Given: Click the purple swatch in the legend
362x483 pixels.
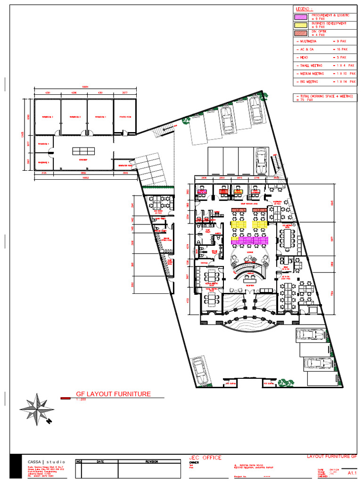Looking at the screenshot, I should click(x=301, y=17).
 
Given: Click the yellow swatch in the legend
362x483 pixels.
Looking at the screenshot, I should click(x=301, y=25).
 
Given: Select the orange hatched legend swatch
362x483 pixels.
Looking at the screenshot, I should click(x=301, y=33).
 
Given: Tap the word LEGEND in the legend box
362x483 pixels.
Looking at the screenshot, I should click(x=304, y=9).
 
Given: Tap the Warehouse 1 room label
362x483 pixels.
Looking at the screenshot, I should click(x=99, y=117).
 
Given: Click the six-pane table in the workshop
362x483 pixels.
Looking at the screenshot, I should click(x=83, y=151).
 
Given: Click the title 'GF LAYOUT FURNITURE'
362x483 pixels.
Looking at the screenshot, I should click(x=113, y=394).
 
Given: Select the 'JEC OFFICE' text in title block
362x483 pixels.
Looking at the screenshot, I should click(x=205, y=458).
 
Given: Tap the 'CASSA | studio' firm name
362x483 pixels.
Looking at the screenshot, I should click(x=47, y=461).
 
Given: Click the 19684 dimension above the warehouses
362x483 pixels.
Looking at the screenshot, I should click(x=85, y=87).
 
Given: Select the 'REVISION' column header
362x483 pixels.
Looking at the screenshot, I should click(x=151, y=461).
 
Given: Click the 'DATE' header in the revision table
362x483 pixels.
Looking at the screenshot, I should click(x=100, y=461).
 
